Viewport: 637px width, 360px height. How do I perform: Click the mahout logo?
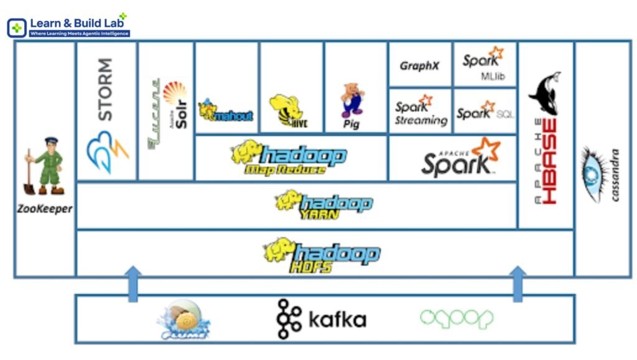point(225,111)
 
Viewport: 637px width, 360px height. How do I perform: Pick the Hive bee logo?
point(287,111)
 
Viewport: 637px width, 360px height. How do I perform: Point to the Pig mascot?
point(351,99)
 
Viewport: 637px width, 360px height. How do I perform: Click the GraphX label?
point(419,65)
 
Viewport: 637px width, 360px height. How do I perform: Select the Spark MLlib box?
point(484,64)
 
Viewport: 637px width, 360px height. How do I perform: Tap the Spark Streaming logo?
point(421,111)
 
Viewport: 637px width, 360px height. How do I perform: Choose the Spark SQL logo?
point(485,112)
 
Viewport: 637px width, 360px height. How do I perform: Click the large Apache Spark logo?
point(461,158)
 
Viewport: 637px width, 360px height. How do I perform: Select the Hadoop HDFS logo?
point(322,254)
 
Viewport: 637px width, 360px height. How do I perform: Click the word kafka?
point(337,320)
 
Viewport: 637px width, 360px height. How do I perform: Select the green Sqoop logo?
point(456,318)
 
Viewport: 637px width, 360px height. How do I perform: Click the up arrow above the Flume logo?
point(133,282)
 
